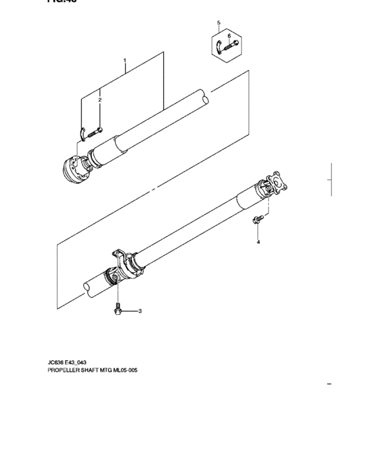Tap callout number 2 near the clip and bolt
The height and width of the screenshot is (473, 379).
pyautogui.click(x=99, y=100)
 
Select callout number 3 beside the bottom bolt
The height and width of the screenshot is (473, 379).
pyautogui.click(x=140, y=312)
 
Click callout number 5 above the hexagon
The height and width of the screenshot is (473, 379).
pyautogui.click(x=219, y=24)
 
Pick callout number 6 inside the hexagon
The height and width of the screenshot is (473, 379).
pyautogui.click(x=229, y=35)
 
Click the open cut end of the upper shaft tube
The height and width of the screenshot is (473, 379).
pyautogui.click(x=201, y=97)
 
